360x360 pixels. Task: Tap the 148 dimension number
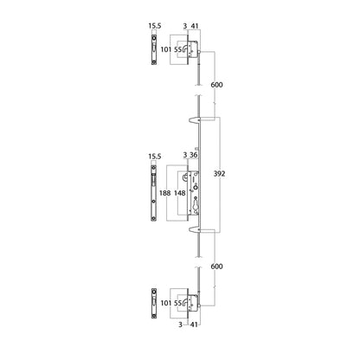[x=180, y=192]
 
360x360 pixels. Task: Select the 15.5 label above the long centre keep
[x=155, y=157]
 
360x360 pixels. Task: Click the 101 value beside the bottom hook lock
[x=165, y=304]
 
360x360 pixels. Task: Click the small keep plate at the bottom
[x=154, y=303]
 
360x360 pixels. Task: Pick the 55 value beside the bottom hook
[x=179, y=304]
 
